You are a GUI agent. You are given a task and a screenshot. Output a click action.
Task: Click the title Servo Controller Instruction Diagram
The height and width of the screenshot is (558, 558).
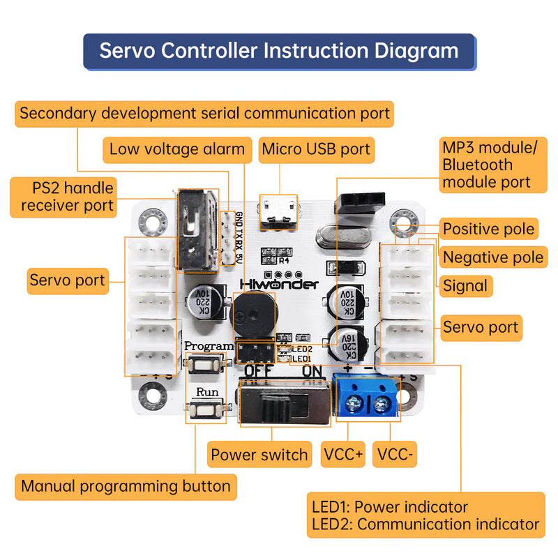[x=279, y=52]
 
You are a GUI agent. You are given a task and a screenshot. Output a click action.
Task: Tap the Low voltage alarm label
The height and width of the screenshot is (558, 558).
[x=177, y=149]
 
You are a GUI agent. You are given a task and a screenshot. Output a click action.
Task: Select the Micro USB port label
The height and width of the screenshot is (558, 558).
[x=316, y=149]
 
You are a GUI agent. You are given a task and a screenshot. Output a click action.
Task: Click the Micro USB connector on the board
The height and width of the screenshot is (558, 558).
[x=278, y=213]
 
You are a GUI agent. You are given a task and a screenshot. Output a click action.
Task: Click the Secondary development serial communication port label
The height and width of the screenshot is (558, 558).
[x=204, y=113]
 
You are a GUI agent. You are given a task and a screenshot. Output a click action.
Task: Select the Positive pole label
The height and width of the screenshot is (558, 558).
[x=489, y=229]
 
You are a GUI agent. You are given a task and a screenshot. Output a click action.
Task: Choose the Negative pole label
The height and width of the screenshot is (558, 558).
[x=493, y=257]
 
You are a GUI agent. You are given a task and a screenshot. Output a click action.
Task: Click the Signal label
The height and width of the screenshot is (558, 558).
[x=465, y=285]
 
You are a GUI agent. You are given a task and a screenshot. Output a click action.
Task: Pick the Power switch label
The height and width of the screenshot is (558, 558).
[x=259, y=455]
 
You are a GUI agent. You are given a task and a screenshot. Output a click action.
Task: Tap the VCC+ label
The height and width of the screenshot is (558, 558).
[x=342, y=455]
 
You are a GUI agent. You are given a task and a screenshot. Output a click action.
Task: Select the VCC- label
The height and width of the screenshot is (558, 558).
[x=395, y=455]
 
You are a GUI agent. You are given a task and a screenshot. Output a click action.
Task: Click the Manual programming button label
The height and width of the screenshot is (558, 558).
[x=126, y=486]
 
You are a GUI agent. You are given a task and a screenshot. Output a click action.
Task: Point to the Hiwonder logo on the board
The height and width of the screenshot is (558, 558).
[x=279, y=284]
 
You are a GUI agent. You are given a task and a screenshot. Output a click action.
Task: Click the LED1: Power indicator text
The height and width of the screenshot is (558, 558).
[x=389, y=506]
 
